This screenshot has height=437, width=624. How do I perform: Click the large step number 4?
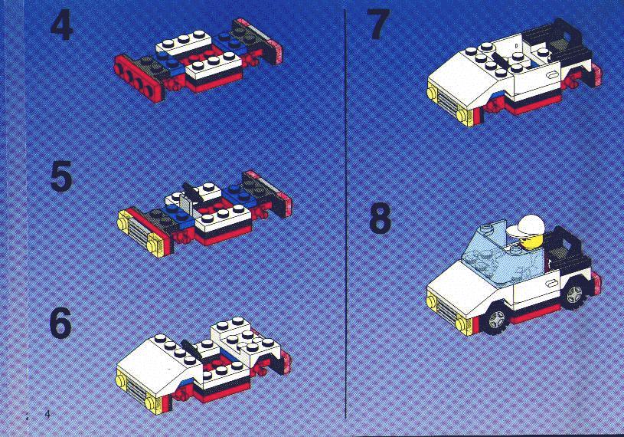[62, 25]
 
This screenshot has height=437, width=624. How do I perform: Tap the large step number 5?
[61, 176]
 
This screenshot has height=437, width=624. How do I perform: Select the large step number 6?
[60, 323]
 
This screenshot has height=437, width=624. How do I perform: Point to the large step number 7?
[378, 24]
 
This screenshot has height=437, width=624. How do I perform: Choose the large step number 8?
[380, 219]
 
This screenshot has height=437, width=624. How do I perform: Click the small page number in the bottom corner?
[47, 414]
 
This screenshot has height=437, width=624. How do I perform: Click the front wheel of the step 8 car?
[496, 318]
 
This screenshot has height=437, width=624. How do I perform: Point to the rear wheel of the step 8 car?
[574, 294]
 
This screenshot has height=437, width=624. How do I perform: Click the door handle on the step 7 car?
[552, 74]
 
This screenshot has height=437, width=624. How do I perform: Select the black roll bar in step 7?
[560, 44]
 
